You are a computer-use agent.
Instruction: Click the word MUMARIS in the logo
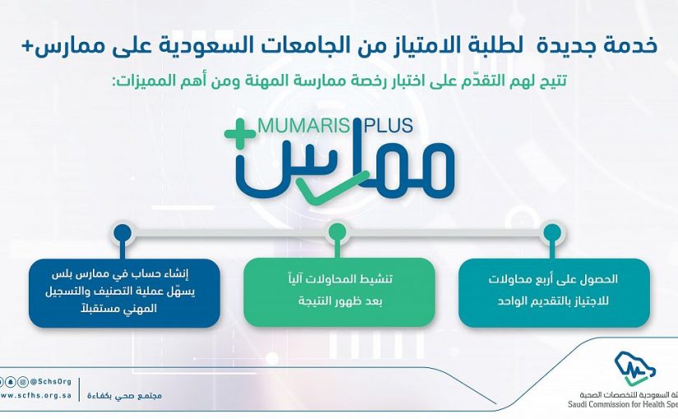click(x=303, y=126)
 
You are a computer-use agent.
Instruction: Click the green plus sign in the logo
click(x=241, y=134)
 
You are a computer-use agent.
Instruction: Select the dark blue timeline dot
click(x=122, y=233)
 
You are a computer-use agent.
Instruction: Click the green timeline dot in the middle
click(x=337, y=233)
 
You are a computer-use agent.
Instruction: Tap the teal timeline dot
click(x=551, y=233)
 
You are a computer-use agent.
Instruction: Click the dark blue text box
click(x=124, y=292)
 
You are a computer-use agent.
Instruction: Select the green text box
click(x=339, y=292)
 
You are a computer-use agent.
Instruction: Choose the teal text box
click(x=554, y=292)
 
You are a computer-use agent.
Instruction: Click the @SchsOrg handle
click(x=51, y=382)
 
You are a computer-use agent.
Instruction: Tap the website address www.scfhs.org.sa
click(x=35, y=395)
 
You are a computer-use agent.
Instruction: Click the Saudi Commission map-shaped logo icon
click(x=635, y=368)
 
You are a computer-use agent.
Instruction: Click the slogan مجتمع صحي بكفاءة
click(x=125, y=396)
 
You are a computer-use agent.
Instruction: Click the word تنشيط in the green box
click(x=376, y=279)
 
